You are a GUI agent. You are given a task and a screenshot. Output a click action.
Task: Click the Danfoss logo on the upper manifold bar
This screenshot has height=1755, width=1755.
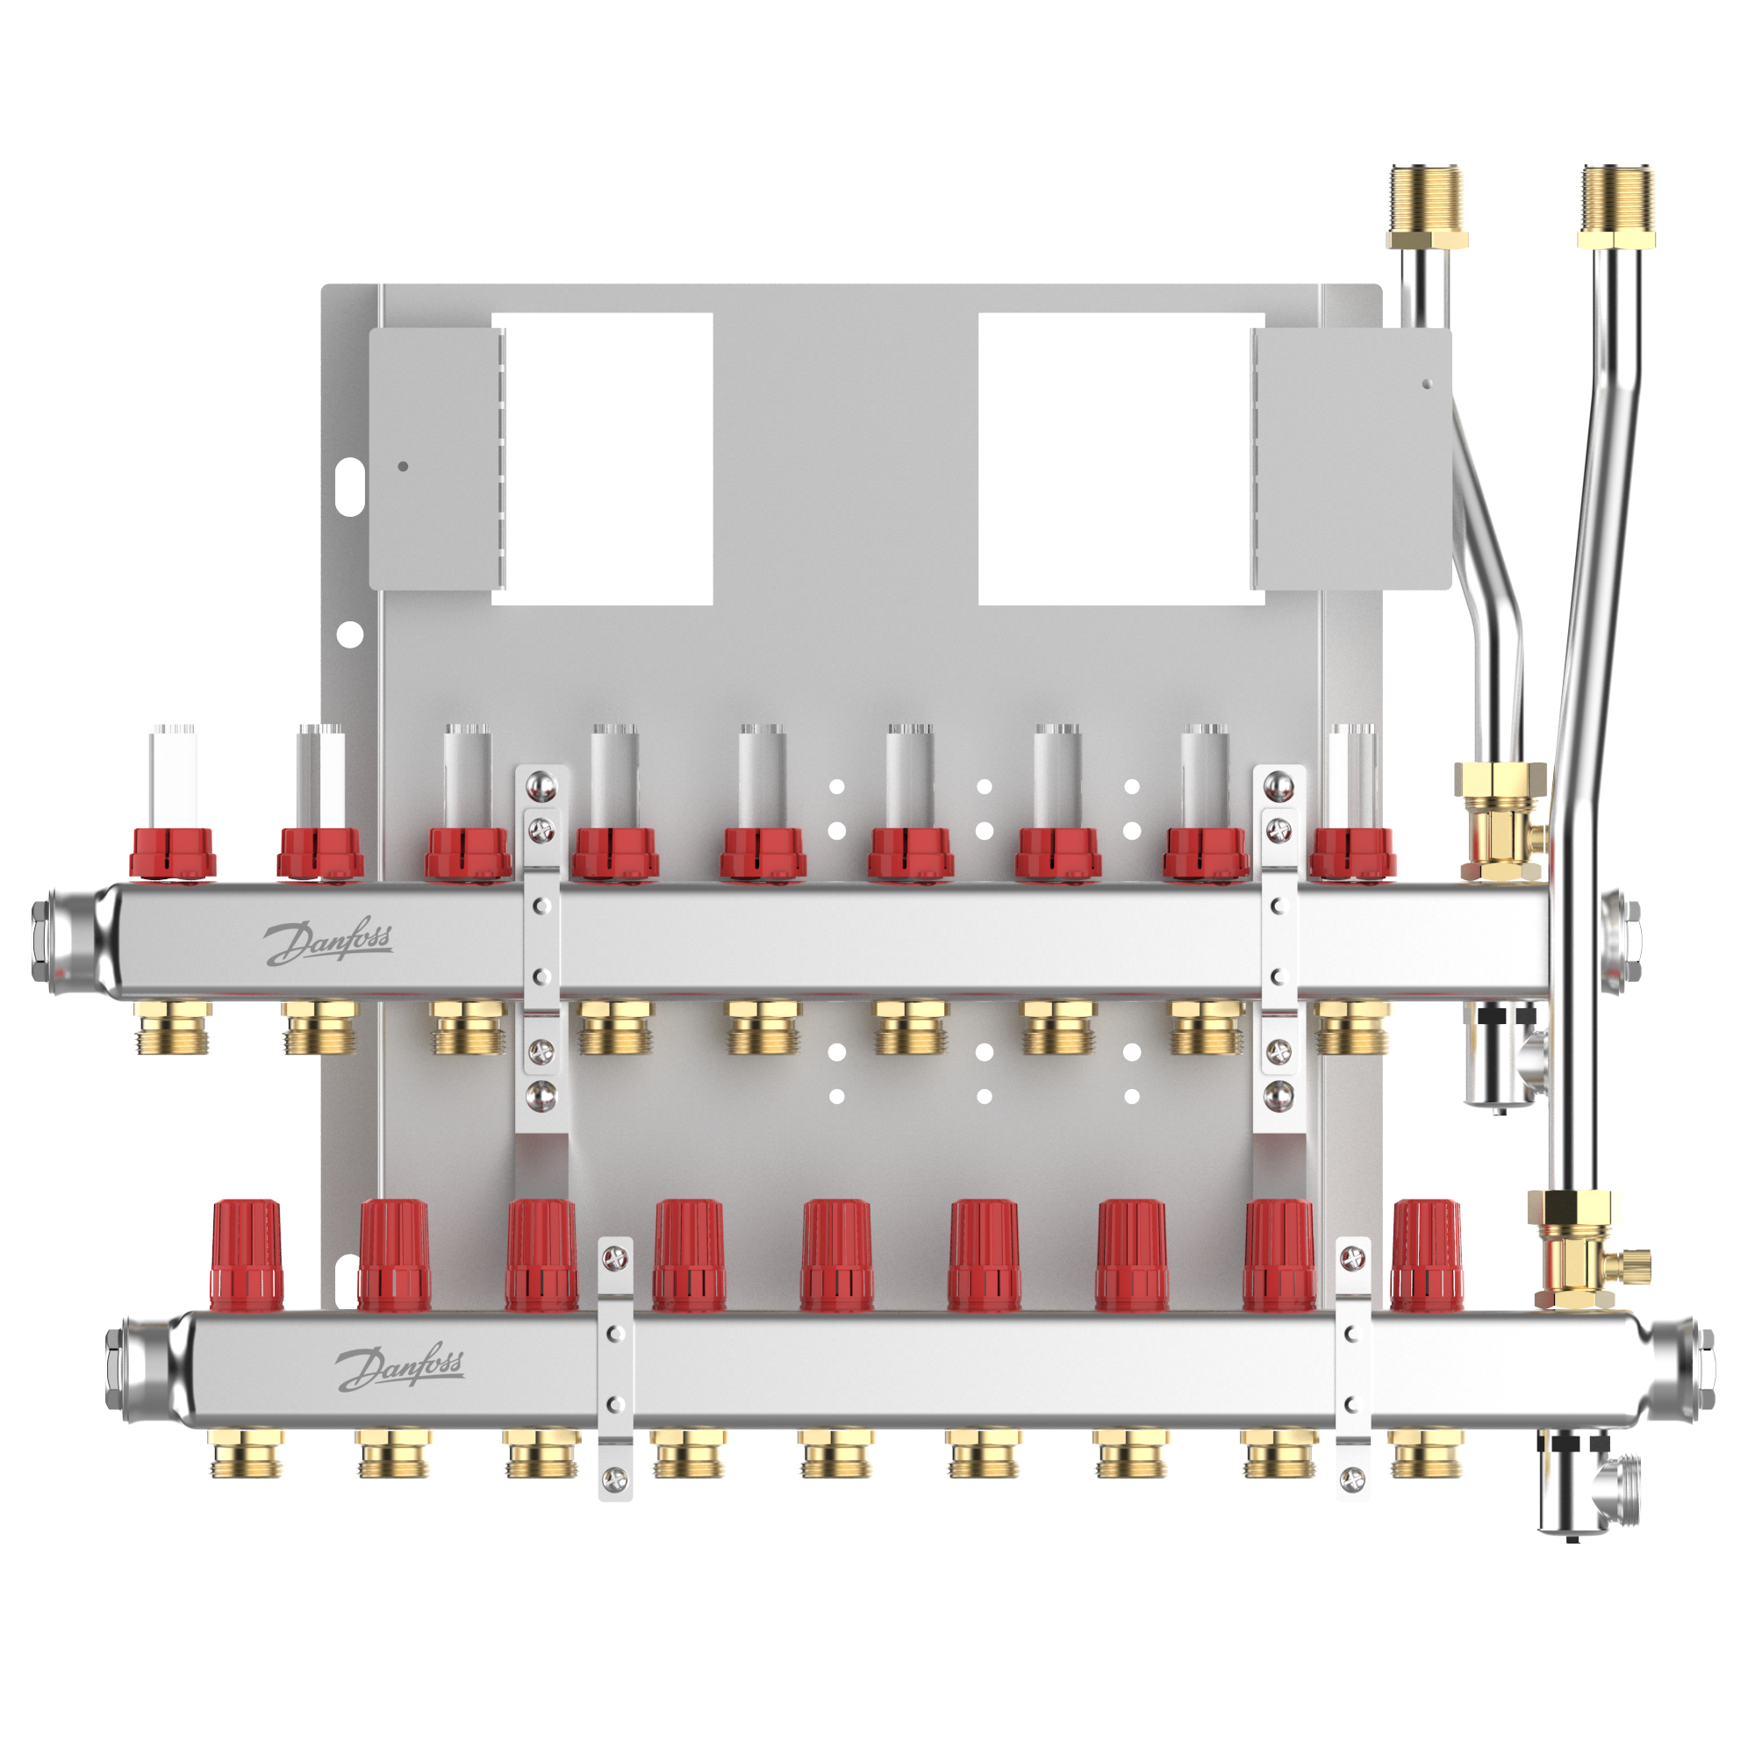[329, 941]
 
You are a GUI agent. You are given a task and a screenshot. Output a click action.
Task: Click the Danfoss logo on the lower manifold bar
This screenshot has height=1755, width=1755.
[401, 1367]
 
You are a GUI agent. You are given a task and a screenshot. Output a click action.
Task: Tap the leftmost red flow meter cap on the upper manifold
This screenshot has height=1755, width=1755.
[173, 854]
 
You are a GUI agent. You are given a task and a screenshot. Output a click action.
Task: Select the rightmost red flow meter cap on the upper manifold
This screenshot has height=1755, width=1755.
[1352, 854]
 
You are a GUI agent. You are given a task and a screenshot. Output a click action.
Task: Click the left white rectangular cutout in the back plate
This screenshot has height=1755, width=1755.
[602, 459]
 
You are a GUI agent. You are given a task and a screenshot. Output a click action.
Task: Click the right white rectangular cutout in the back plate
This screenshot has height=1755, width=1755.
[1121, 459]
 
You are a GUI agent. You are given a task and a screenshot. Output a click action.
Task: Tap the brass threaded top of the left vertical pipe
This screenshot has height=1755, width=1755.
[1427, 206]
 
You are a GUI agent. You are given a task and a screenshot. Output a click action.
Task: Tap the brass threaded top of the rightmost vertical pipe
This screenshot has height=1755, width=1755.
[1617, 206]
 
